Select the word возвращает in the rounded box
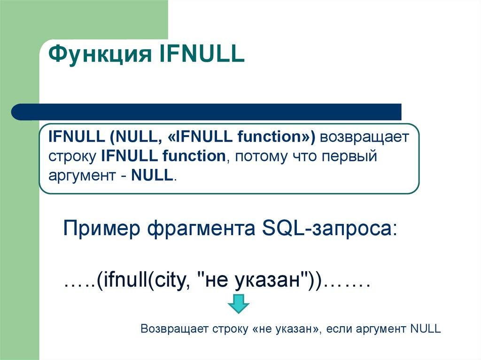click(366, 137)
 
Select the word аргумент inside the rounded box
click(80, 176)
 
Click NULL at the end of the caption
click(425, 329)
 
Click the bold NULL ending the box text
click(152, 176)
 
